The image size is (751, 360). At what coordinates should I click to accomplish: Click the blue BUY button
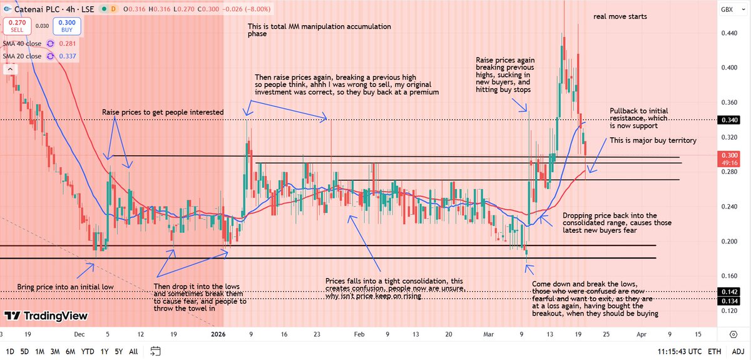[x=64, y=26]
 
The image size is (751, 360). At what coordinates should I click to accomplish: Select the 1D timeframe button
[x=10, y=351]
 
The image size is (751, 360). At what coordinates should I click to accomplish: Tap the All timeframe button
[x=133, y=351]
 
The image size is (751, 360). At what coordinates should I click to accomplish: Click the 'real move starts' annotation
[x=620, y=16]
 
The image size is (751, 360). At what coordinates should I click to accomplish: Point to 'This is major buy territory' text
[x=653, y=141]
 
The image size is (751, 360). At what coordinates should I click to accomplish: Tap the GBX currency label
[x=727, y=9]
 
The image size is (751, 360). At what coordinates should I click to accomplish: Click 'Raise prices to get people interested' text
[x=163, y=112]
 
